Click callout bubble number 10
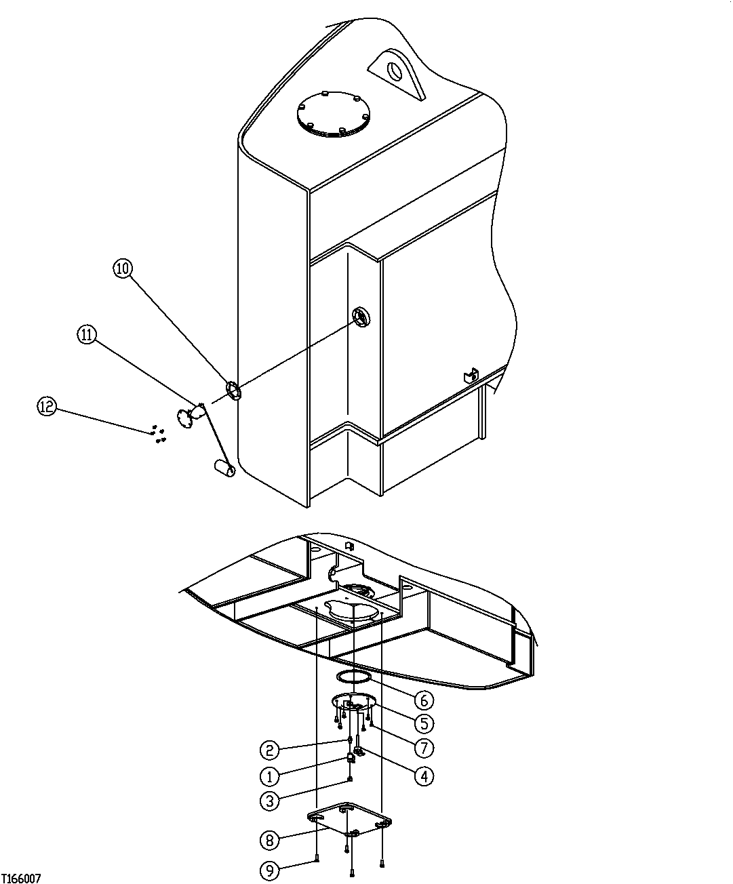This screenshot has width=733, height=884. point(122,268)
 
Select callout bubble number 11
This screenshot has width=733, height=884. point(87,334)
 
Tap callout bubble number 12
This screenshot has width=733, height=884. point(46,406)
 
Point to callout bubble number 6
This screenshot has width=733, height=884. point(424,699)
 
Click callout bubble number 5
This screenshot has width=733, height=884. point(424,723)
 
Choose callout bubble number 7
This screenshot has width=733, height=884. point(424,748)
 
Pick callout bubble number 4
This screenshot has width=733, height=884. point(424,775)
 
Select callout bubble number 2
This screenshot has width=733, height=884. point(269,750)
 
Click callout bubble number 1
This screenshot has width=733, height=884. point(269,776)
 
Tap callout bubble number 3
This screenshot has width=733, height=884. point(269,801)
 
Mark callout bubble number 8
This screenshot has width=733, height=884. point(269,841)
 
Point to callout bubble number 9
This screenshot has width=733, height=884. point(269,870)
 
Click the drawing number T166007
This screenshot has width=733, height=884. point(21,879)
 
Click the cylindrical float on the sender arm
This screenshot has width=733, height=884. point(224,467)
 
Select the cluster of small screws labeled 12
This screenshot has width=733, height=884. point(159,434)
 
